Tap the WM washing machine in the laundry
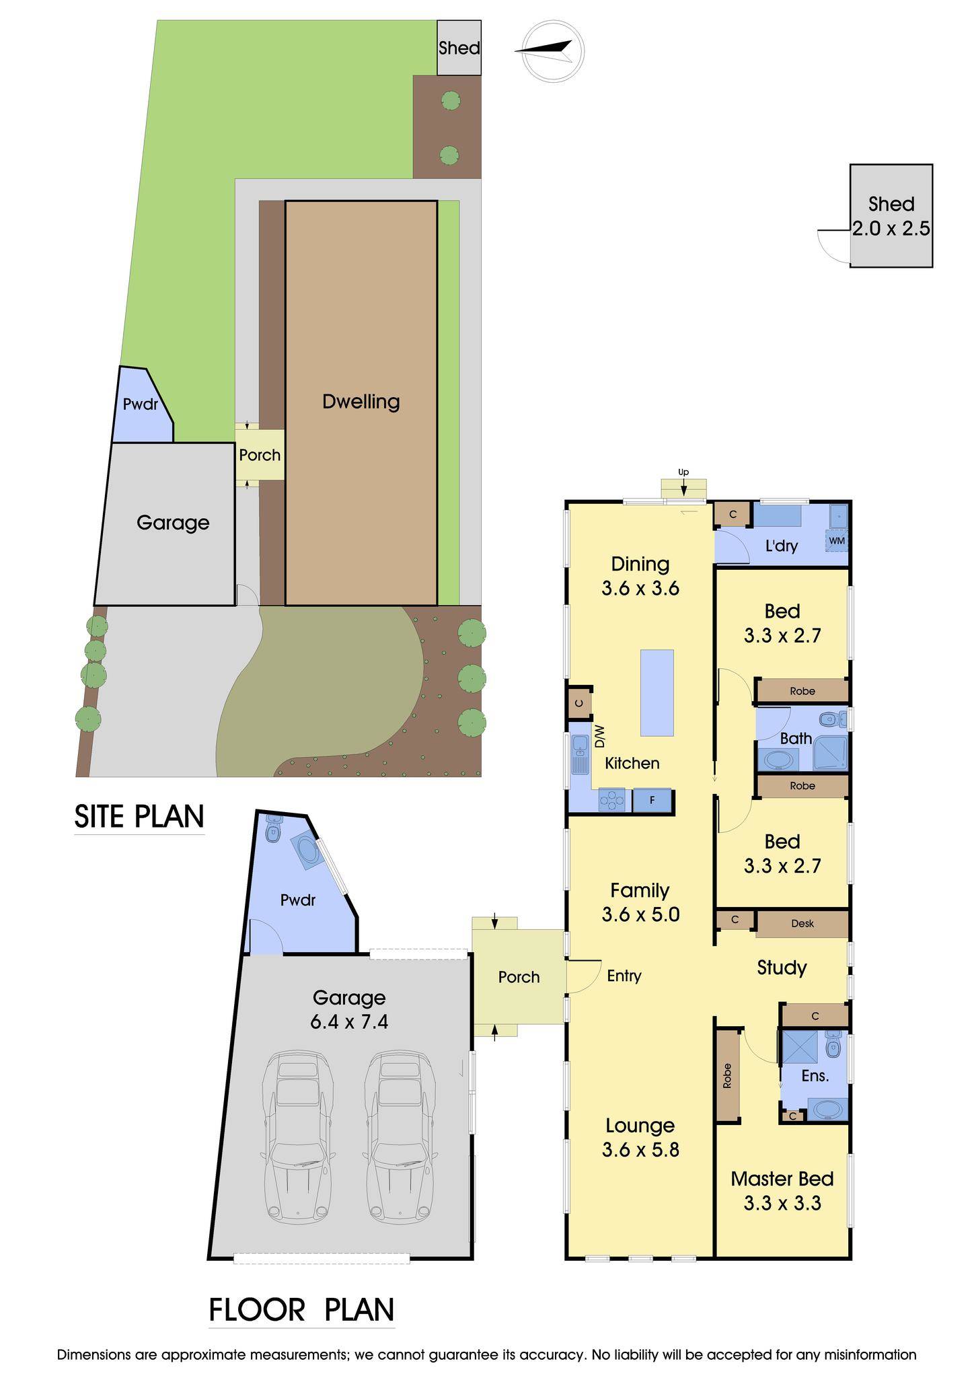pyautogui.click(x=837, y=541)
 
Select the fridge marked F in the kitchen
pyautogui.click(x=652, y=801)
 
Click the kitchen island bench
pyautogui.click(x=657, y=692)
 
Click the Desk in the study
pyautogui.click(x=802, y=924)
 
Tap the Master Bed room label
pyautogui.click(x=782, y=1179)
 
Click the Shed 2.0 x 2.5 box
pyautogui.click(x=891, y=216)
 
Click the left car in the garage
pyautogui.click(x=297, y=1136)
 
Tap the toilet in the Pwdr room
pyautogui.click(x=272, y=830)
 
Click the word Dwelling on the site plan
pyautogui.click(x=361, y=402)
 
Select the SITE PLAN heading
pyautogui.click(x=139, y=816)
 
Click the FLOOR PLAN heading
pyautogui.click(x=301, y=1311)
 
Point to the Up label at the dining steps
pyautogui.click(x=683, y=472)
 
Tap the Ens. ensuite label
pyautogui.click(x=815, y=1076)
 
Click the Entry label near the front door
pyautogui.click(x=624, y=976)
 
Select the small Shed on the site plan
pyautogui.click(x=459, y=48)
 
